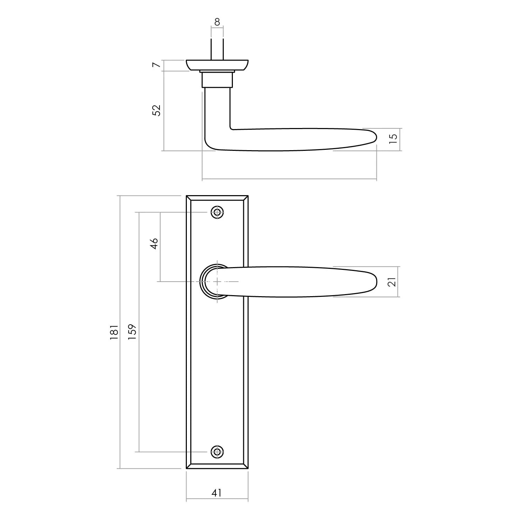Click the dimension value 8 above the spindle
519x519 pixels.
point(217,22)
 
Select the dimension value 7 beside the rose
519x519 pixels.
point(156,65)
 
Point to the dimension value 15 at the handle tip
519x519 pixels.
point(393,138)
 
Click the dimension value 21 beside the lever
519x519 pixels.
point(392,282)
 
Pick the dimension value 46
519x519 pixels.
point(154,243)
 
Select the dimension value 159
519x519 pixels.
point(133,331)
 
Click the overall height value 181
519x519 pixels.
point(114,332)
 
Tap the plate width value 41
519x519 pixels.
point(217,492)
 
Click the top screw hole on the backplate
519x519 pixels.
point(217,212)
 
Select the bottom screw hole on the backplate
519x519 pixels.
point(217,452)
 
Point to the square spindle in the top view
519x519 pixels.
point(217,48)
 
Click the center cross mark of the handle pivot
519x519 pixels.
point(217,282)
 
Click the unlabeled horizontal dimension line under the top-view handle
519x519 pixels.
point(289,180)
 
